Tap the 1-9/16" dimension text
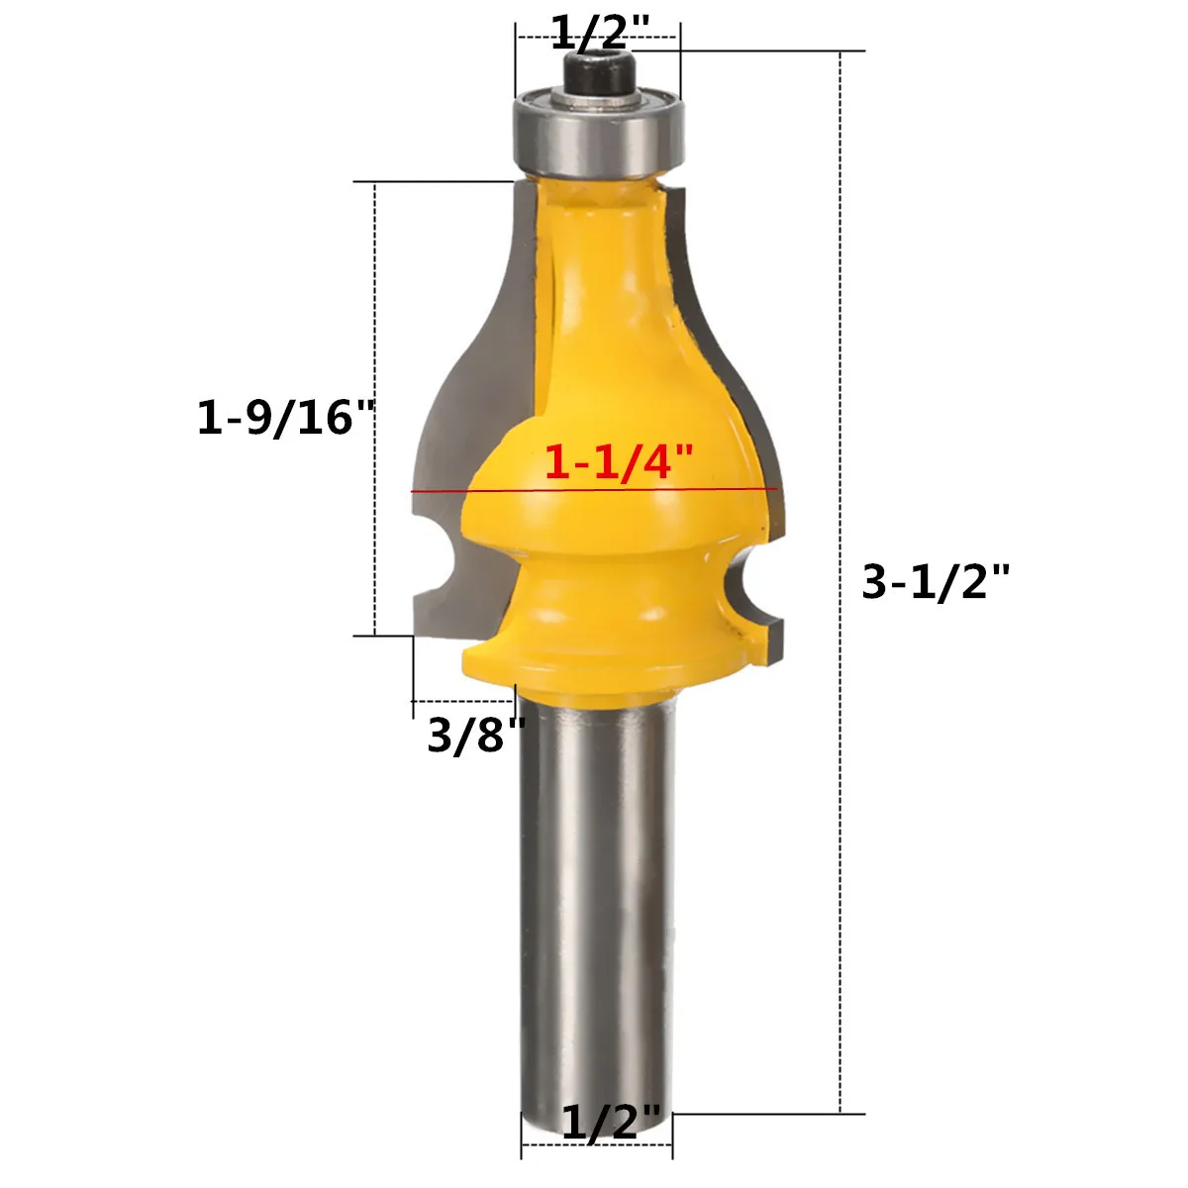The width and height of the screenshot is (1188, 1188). point(288,418)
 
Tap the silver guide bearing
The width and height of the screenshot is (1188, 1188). point(597,131)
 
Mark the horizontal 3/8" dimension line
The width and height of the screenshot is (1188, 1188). point(461,702)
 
